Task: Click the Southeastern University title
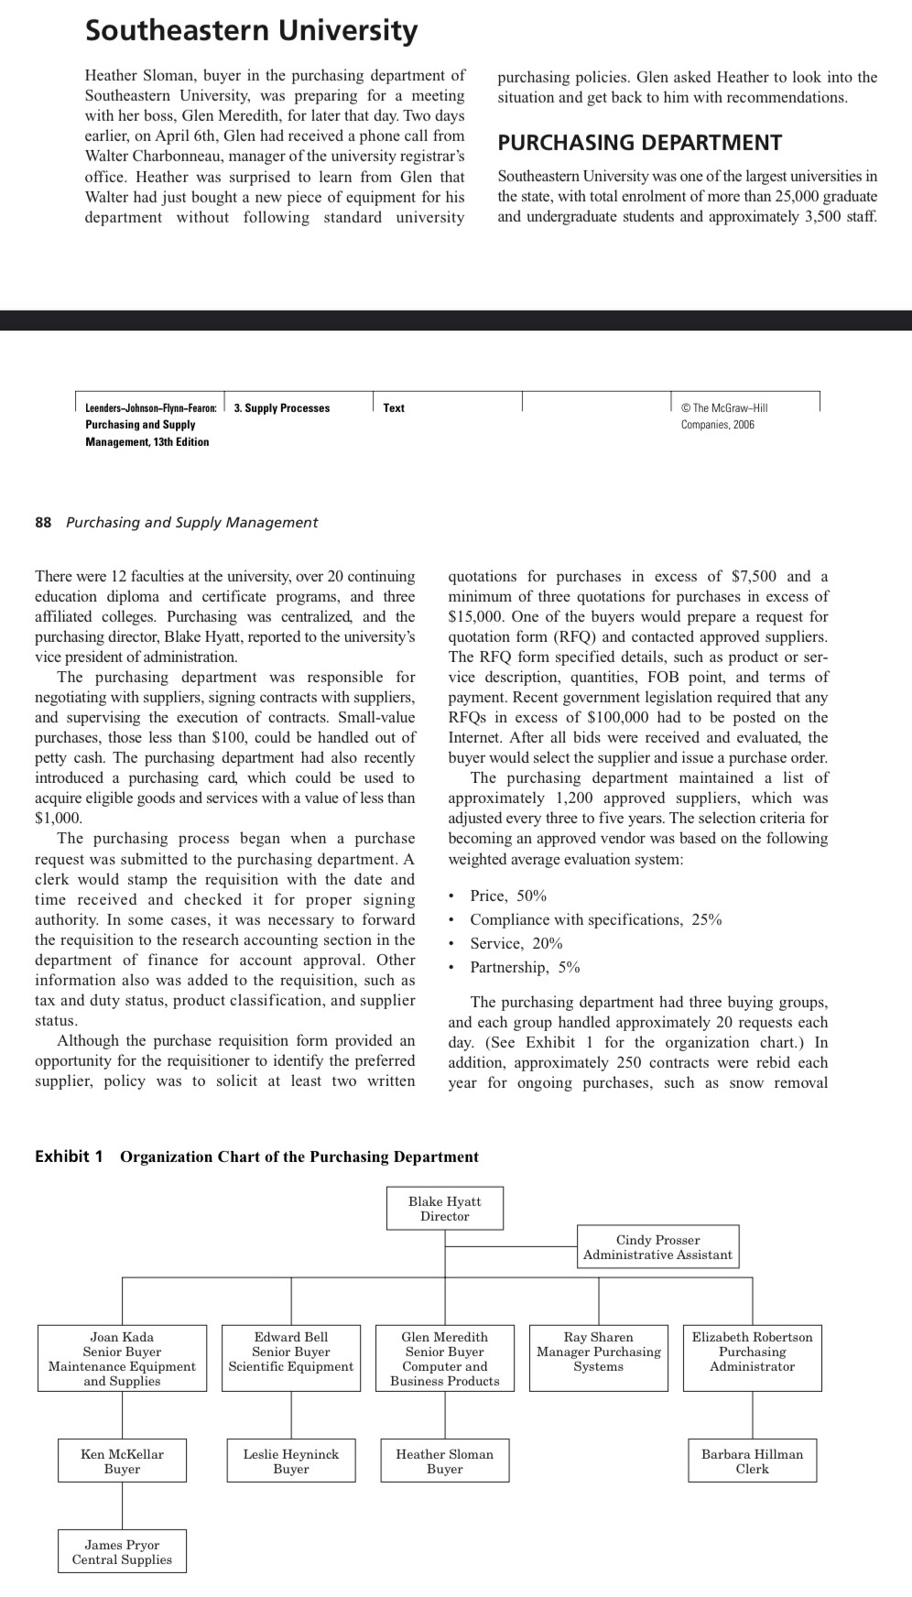point(251,31)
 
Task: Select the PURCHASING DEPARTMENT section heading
point(639,143)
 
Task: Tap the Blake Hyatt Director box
point(444,1209)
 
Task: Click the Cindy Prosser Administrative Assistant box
point(657,1247)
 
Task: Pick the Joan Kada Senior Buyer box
point(122,1358)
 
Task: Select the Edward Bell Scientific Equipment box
point(290,1358)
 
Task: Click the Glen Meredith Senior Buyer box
point(444,1358)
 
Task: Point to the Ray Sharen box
point(598,1358)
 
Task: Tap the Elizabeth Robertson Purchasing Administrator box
point(752,1358)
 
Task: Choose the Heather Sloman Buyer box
point(444,1461)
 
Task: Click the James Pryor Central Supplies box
point(122,1551)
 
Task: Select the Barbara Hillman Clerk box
point(752,1461)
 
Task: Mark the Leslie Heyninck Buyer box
point(290,1461)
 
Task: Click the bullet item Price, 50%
point(508,896)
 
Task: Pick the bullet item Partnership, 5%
point(525,967)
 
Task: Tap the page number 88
point(43,522)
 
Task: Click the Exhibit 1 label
point(69,1157)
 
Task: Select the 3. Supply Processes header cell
point(282,408)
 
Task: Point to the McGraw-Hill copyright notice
point(723,416)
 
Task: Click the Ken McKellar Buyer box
point(122,1461)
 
